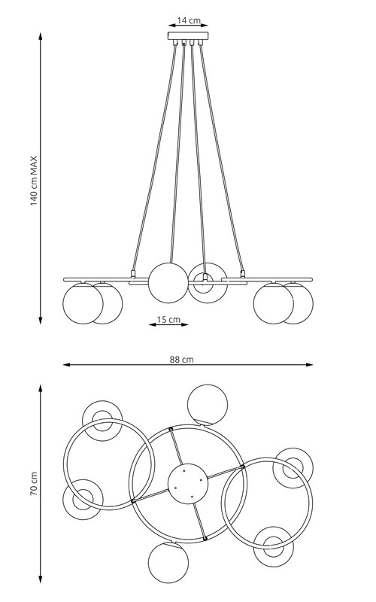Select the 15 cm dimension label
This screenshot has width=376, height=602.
168,319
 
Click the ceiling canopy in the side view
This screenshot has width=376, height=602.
187,37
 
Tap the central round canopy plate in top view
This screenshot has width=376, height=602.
186,482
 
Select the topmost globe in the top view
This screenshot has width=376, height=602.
207,405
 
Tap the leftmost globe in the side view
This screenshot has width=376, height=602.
82,303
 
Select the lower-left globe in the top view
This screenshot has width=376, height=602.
82,500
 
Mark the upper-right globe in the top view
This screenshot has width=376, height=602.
291,468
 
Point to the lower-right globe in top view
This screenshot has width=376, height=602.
271,546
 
